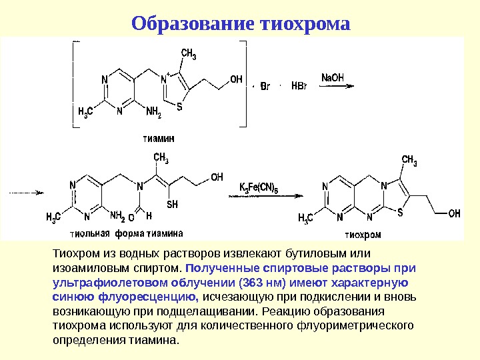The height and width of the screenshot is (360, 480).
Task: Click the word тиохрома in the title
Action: pos(304,24)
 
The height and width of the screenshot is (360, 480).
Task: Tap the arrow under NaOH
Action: pos(337,86)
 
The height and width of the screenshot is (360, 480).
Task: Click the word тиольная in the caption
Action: pos(90,234)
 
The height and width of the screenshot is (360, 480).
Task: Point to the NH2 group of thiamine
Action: pos(153,112)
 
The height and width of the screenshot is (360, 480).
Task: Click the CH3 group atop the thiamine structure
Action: pos(189,55)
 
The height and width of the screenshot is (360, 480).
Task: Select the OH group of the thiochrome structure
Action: pos(454,213)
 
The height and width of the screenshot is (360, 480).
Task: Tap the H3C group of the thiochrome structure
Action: pos(305,217)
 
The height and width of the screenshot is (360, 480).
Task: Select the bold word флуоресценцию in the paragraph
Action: pos(159,297)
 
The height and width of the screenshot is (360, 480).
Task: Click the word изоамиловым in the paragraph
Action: pos(81,268)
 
